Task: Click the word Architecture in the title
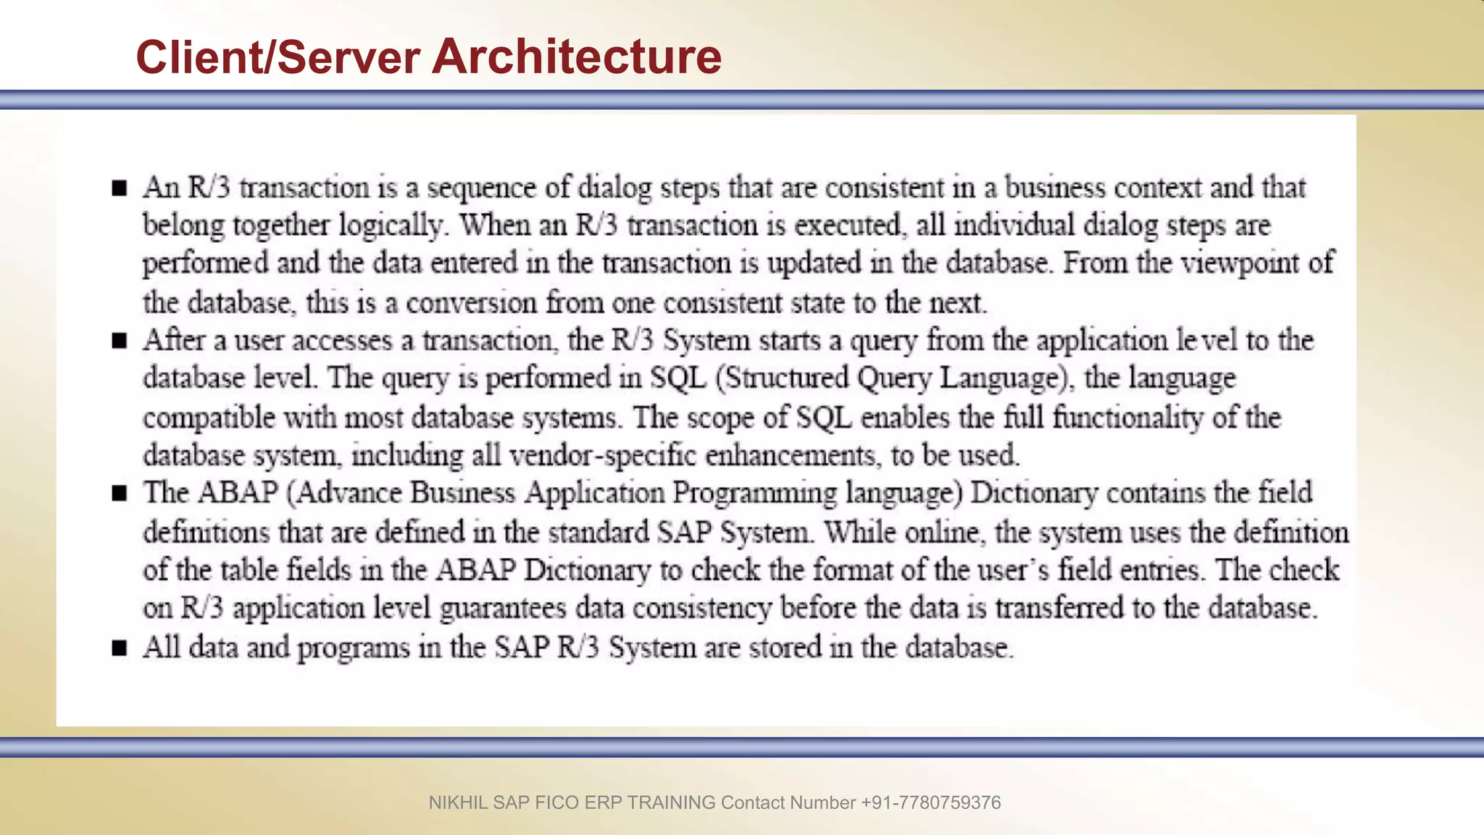pos(577,57)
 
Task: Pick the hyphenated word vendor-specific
pos(603,456)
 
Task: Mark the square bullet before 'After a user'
pos(120,341)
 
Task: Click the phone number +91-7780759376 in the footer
pos(930,803)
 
